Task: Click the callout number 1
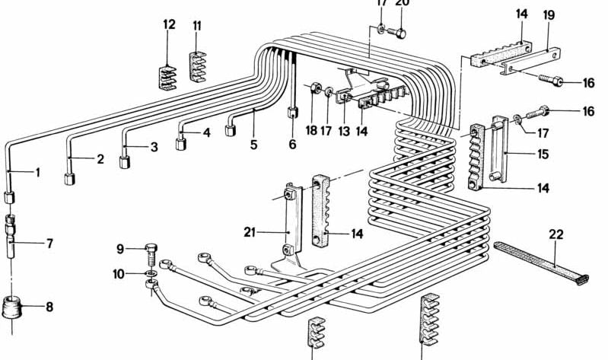coord(37,172)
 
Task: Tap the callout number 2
coord(100,160)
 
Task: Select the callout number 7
coord(49,244)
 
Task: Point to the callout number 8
coord(49,307)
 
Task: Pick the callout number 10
coord(120,272)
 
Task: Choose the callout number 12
coord(168,24)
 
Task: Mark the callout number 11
coord(197,26)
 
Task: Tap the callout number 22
coord(556,234)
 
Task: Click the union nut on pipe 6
coord(292,113)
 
